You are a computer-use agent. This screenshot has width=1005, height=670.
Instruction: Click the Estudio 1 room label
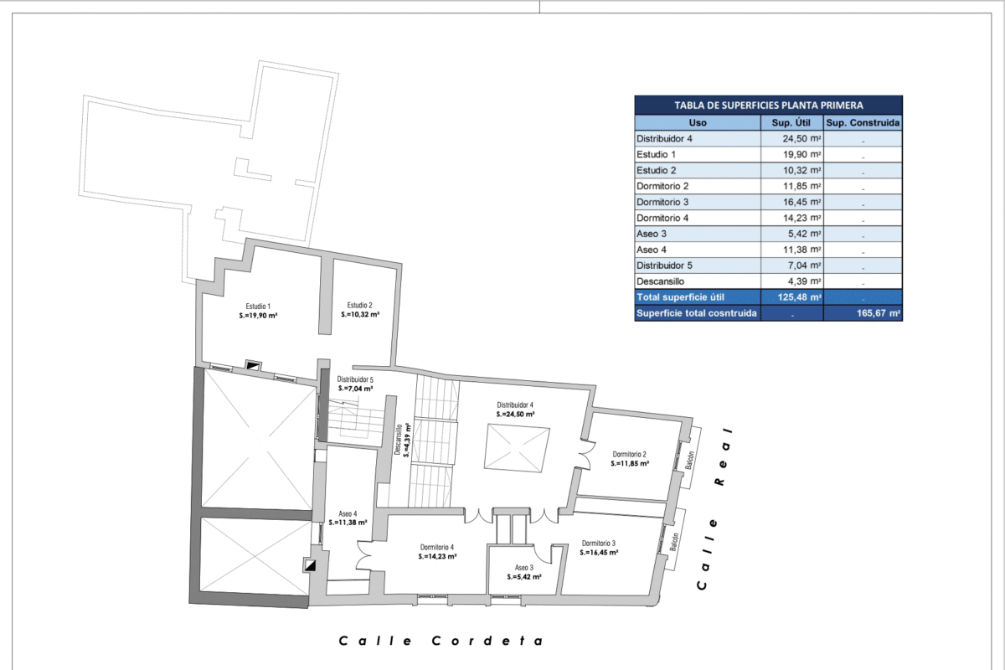tap(258, 306)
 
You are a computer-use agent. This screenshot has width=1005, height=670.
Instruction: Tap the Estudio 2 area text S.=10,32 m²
tap(360, 315)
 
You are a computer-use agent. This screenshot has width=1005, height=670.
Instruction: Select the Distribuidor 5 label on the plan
tap(355, 379)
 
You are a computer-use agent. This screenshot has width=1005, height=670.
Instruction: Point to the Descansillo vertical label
tap(398, 440)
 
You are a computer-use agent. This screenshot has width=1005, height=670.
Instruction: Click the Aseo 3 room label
tap(524, 568)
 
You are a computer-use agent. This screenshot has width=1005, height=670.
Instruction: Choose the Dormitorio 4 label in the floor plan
tap(437, 547)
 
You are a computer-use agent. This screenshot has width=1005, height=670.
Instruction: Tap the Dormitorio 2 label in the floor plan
tap(630, 454)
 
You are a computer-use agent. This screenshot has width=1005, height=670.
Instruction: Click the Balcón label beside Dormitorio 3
tap(674, 542)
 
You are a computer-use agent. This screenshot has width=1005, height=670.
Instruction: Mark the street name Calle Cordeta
tap(441, 641)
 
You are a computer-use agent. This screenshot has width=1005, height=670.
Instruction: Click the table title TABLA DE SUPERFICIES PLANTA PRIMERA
tap(769, 106)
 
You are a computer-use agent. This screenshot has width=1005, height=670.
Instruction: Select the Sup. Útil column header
tap(791, 122)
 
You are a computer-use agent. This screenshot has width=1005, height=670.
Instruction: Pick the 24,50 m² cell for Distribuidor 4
tap(801, 139)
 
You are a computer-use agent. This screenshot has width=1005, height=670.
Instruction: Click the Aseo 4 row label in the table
tap(651, 250)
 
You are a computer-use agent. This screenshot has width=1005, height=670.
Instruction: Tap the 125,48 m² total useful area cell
tap(800, 297)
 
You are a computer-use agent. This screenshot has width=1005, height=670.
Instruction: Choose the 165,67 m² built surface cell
tap(878, 312)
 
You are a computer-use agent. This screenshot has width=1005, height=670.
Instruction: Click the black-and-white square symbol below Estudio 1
tap(253, 366)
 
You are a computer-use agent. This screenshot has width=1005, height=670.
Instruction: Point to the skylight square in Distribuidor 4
tap(517, 448)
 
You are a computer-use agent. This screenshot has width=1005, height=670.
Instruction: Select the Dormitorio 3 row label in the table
tap(662, 202)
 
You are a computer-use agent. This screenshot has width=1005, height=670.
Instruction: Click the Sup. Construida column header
tap(863, 122)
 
